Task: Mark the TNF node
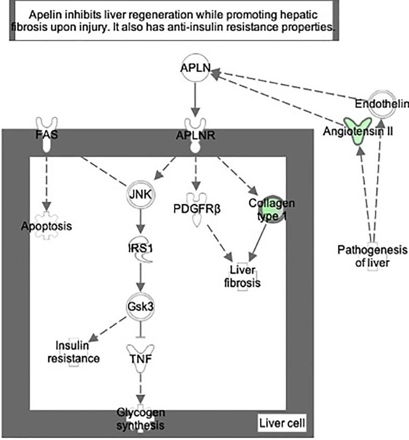click(139, 359)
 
